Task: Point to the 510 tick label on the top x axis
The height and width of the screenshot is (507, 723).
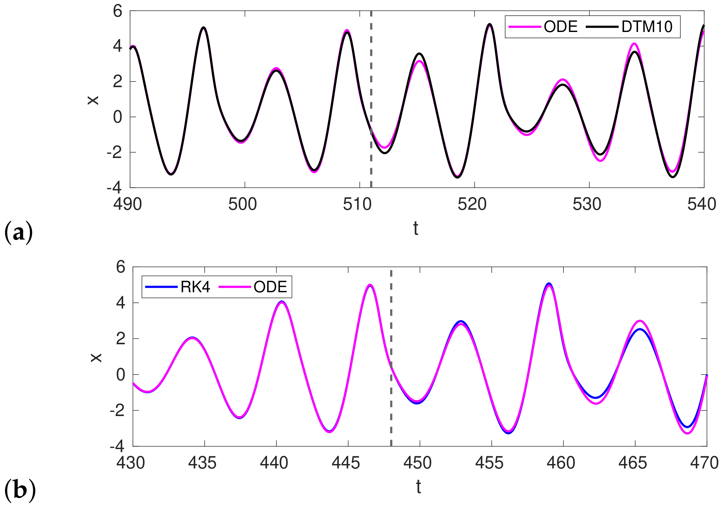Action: coord(357,204)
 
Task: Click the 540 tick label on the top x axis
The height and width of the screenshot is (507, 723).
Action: coord(702,204)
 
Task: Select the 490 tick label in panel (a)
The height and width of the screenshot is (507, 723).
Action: coord(128,204)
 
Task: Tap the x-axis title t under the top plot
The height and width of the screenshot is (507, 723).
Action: coord(416,229)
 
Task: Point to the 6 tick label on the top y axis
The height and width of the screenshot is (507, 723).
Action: coord(118,12)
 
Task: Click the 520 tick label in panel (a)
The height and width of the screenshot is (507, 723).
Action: coord(472,204)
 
